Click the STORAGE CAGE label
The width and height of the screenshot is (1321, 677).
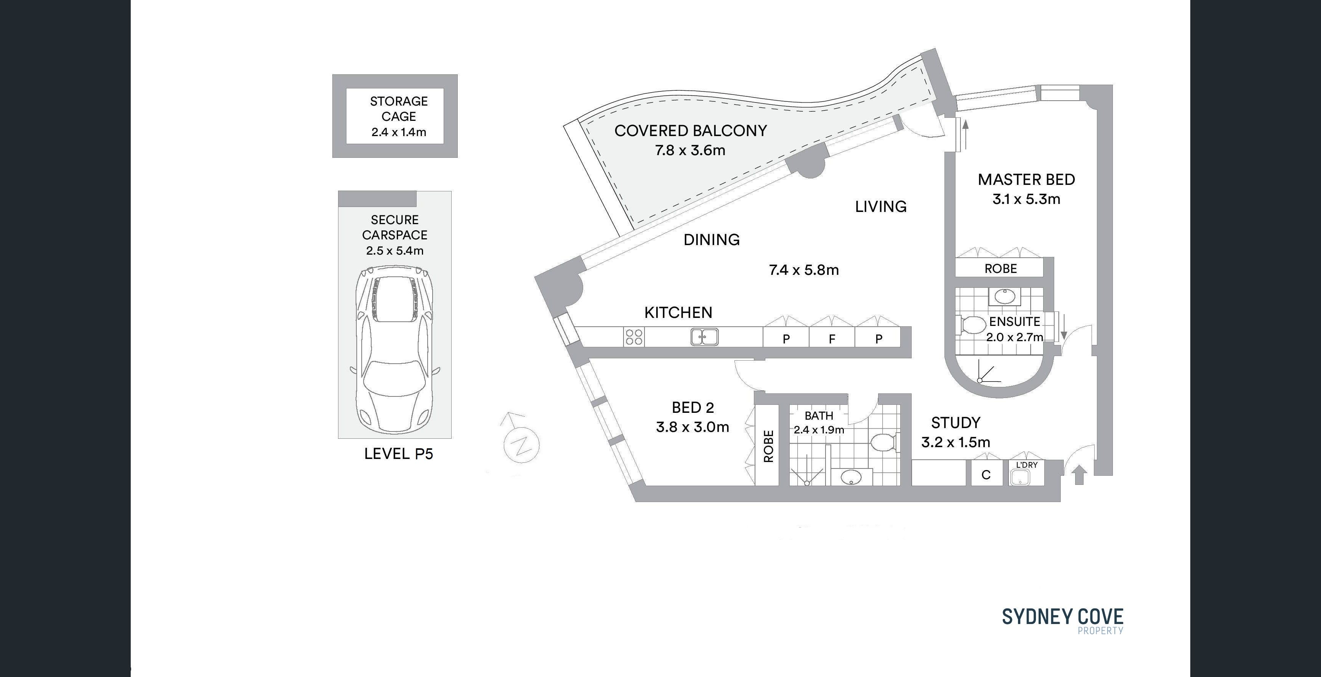pyautogui.click(x=399, y=109)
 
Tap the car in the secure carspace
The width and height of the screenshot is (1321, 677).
pyautogui.click(x=394, y=349)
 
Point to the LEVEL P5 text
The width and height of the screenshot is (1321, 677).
pyautogui.click(x=398, y=454)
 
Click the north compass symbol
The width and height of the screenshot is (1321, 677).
pyautogui.click(x=521, y=441)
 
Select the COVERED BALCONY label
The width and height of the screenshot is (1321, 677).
pyautogui.click(x=690, y=131)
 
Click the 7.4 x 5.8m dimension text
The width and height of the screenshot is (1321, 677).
pyautogui.click(x=803, y=270)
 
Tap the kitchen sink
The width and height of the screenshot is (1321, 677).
pyautogui.click(x=704, y=337)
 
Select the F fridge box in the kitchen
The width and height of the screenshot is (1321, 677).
pyautogui.click(x=832, y=338)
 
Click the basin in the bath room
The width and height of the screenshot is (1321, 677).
pyautogui.click(x=852, y=477)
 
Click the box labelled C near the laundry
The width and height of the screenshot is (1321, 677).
pyautogui.click(x=986, y=474)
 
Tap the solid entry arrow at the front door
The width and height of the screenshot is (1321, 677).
pyautogui.click(x=1079, y=475)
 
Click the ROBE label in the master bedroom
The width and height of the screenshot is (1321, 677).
pyautogui.click(x=1000, y=269)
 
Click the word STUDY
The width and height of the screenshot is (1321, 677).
pyautogui.click(x=956, y=423)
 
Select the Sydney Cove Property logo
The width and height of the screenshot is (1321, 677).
pyautogui.click(x=1063, y=621)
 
